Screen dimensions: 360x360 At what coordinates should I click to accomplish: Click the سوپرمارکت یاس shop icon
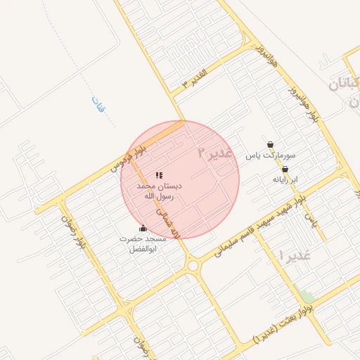(271, 144)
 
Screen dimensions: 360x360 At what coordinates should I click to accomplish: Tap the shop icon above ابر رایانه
(285, 169)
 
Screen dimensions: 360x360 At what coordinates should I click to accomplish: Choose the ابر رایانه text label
(285, 180)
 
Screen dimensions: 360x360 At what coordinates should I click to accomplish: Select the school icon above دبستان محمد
(159, 175)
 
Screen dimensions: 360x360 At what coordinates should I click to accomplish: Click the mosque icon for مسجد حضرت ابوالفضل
(143, 228)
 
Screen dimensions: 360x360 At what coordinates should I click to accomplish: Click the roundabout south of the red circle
(192, 266)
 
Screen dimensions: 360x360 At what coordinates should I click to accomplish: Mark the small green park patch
(304, 295)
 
